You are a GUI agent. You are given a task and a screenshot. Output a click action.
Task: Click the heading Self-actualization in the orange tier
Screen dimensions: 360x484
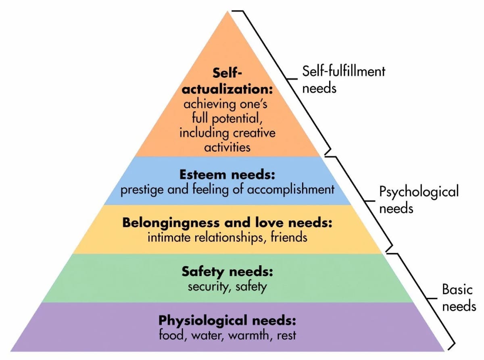[x=228, y=81]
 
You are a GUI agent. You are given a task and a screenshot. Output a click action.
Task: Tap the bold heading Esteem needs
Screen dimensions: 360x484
[x=227, y=176]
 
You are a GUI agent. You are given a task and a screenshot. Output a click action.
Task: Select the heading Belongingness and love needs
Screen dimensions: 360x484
[x=227, y=223]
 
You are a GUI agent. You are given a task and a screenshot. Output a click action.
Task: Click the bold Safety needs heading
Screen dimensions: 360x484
[x=227, y=271]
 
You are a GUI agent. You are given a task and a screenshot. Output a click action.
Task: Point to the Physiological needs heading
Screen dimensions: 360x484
[x=227, y=321]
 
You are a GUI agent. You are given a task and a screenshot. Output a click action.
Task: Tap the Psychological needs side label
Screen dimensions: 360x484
[x=419, y=199]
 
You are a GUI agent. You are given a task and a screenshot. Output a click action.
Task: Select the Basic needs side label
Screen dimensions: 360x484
[x=459, y=298]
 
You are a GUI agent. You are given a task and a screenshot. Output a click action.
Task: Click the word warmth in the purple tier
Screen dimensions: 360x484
[x=252, y=335]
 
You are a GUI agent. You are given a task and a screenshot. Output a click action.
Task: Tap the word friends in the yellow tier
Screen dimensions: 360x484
[x=289, y=237]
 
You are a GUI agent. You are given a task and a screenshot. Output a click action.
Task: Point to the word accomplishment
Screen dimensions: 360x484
[x=290, y=189]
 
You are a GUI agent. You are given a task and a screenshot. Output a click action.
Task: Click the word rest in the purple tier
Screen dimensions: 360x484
[x=286, y=335]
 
